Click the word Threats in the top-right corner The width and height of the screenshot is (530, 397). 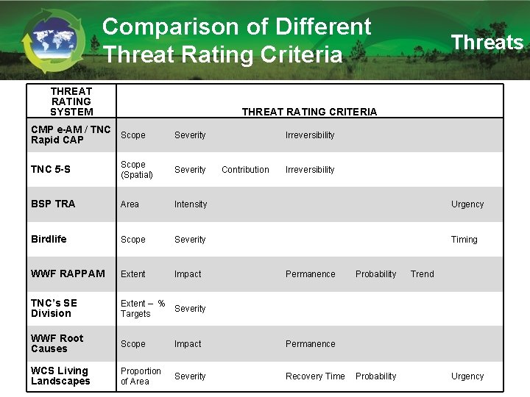(x=487, y=43)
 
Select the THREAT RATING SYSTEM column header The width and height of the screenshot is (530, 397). (x=71, y=101)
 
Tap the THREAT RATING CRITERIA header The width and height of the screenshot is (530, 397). (x=309, y=112)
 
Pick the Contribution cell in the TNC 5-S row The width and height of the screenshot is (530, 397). (x=245, y=170)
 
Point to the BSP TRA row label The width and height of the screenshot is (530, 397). (x=53, y=204)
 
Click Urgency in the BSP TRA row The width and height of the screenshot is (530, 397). (x=467, y=204)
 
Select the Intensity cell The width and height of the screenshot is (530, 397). (x=191, y=204)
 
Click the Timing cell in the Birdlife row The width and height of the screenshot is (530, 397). (x=464, y=240)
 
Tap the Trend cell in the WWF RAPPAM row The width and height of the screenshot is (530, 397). (x=422, y=274)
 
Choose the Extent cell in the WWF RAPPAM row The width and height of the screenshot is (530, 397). (x=133, y=274)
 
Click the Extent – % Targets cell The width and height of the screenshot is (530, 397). (x=142, y=309)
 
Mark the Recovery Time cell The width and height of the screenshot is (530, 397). (x=315, y=376)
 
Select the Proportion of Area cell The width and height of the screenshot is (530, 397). (x=141, y=376)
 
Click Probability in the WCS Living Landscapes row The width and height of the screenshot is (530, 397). (x=375, y=376)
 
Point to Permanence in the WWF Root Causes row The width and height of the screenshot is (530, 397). (x=310, y=344)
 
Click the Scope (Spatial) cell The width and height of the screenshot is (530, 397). (x=137, y=170)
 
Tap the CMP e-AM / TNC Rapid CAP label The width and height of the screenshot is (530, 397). (x=71, y=135)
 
